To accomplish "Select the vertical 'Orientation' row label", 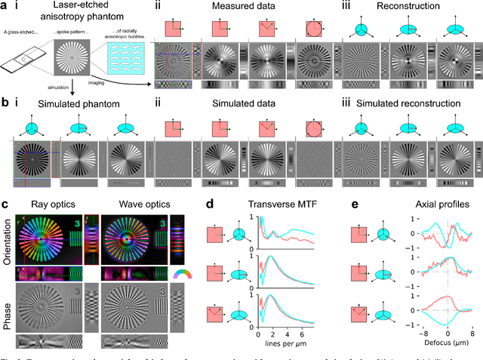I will tap(7, 238).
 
